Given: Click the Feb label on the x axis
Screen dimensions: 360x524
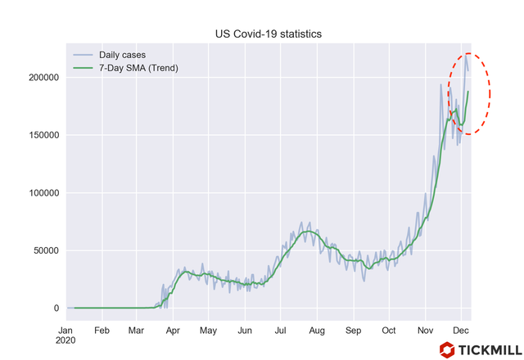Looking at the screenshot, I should (x=102, y=331).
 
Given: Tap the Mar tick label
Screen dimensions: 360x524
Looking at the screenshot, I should (x=136, y=331).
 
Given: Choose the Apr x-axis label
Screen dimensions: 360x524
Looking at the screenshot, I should (x=173, y=331).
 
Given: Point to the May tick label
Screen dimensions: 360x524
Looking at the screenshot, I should (x=208, y=331).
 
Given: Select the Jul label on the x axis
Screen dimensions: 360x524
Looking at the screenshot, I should (x=280, y=331).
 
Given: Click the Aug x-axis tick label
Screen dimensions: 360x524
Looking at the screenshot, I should (x=317, y=331).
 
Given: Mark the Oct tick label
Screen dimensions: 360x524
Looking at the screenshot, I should (x=389, y=331).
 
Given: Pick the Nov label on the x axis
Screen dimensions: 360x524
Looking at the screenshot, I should (x=425, y=331).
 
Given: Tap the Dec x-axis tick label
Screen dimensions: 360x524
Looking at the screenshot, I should (x=461, y=331).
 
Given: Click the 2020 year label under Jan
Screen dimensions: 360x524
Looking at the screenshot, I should (x=65, y=343).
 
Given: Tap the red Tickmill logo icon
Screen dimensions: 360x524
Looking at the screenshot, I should (x=446, y=350).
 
